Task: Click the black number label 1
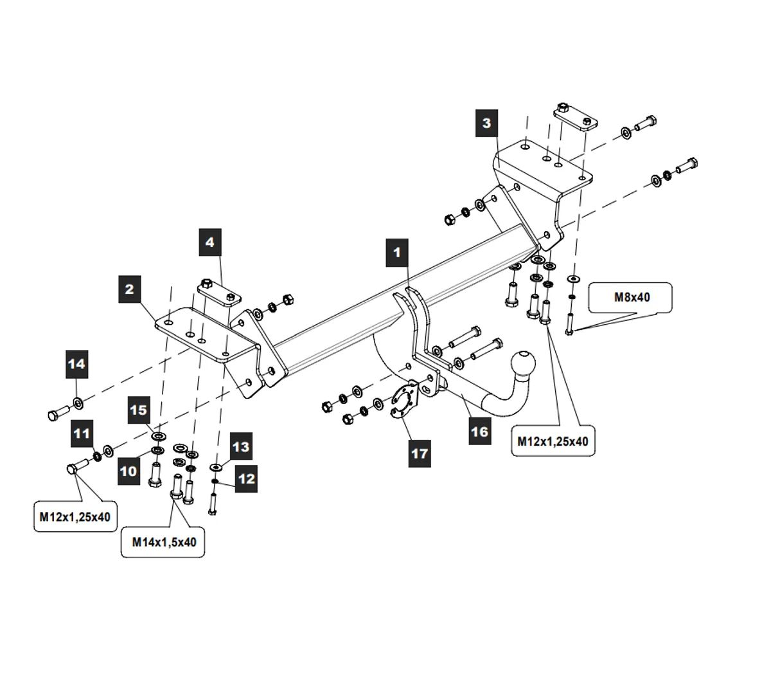point(397,251)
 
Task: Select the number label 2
point(130,289)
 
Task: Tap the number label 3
point(486,123)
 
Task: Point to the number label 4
point(209,242)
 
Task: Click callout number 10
point(128,471)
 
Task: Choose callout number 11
point(82,433)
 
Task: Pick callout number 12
point(246,478)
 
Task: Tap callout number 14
point(76,364)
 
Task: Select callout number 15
point(139,410)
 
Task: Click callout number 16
point(479,431)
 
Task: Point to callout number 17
point(419,453)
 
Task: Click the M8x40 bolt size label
point(632,297)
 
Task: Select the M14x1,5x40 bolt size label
point(164,542)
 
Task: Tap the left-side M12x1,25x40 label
point(75,516)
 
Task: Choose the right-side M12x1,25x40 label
point(553,441)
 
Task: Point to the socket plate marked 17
point(404,401)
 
